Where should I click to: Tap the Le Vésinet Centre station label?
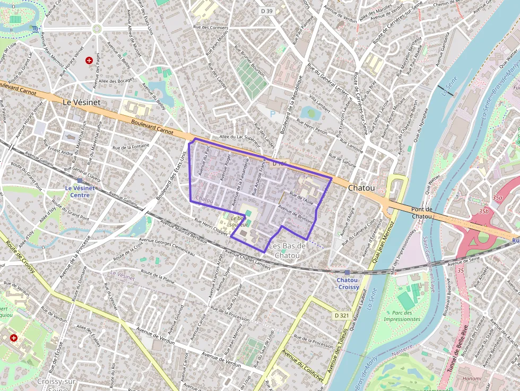(77, 191)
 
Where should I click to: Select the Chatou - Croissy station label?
(348, 283)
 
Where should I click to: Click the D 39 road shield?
(266, 11)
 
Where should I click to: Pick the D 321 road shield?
(342, 316)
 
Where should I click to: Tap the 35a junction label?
(497, 197)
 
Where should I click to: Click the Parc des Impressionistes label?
(402, 316)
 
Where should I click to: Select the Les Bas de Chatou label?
(288, 250)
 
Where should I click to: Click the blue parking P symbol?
(273, 113)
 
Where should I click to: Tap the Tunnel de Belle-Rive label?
(458, 348)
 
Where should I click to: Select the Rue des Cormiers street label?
(211, 27)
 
